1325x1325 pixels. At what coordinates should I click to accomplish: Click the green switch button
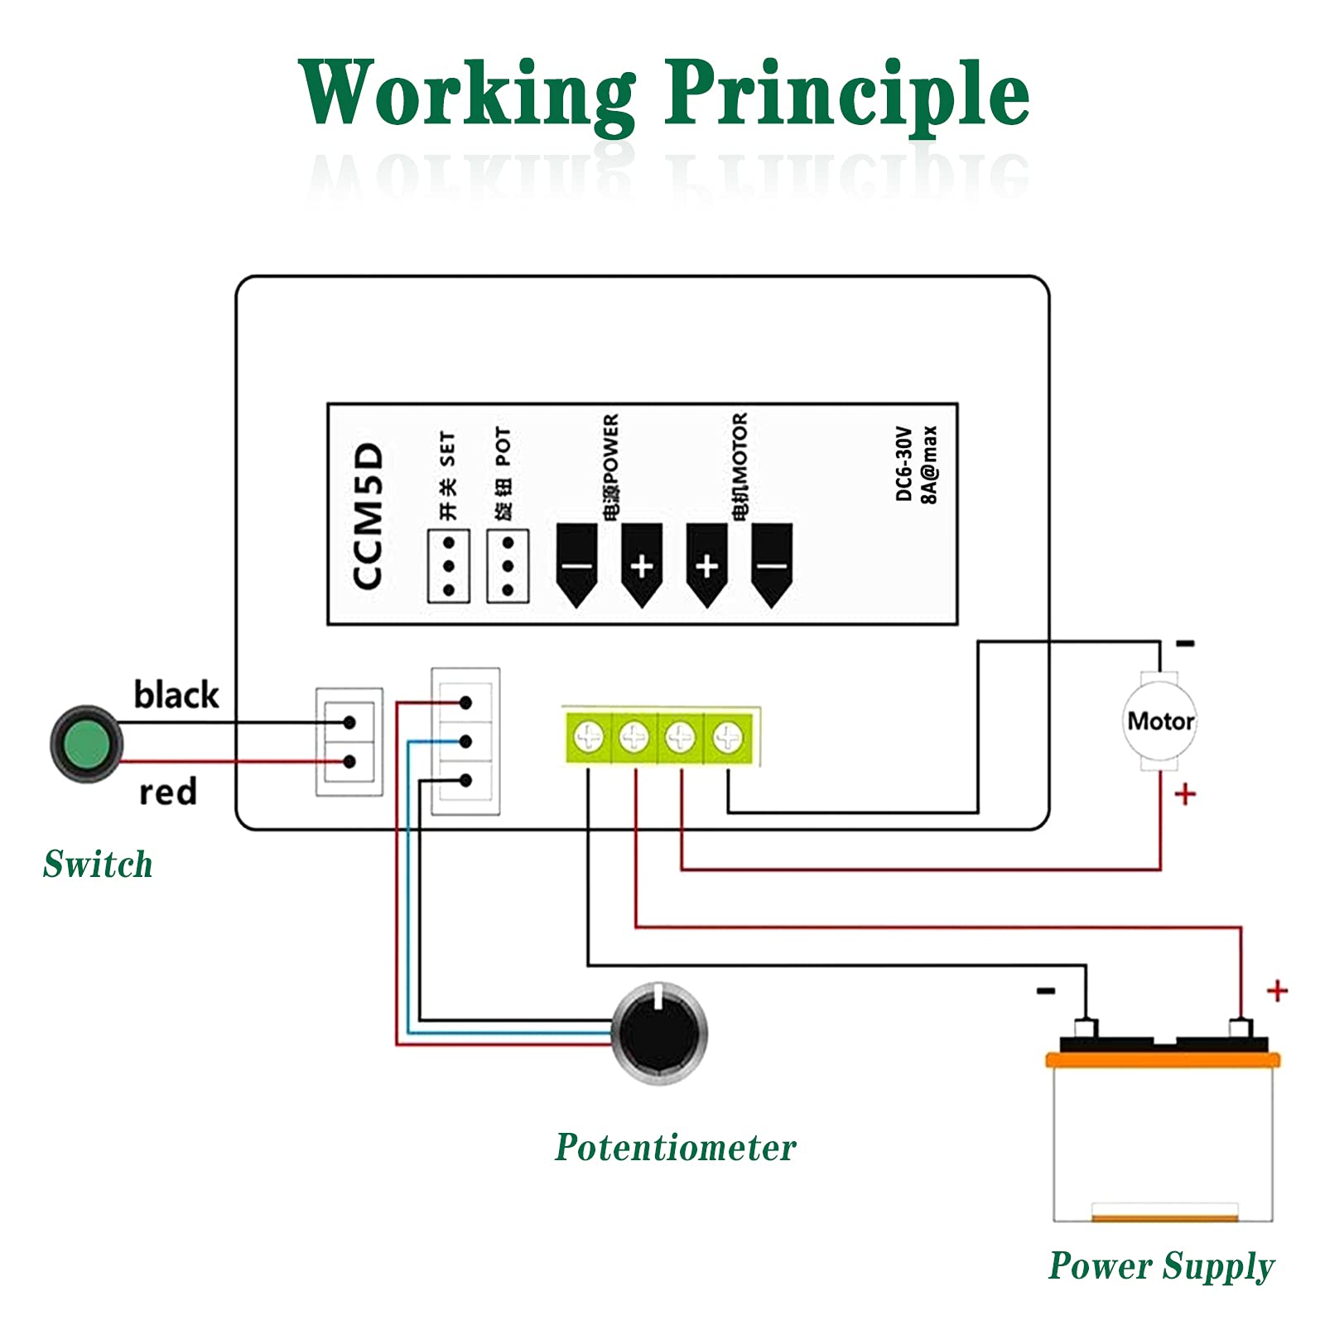pyautogui.click(x=86, y=744)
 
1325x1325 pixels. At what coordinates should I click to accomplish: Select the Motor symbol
pyautogui.click(x=1160, y=721)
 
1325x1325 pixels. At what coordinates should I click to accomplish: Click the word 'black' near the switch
pyautogui.click(x=176, y=695)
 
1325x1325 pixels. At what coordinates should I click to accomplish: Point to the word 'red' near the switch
pyautogui.click(x=168, y=793)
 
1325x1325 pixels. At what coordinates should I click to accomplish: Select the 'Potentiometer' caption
pyautogui.click(x=675, y=1148)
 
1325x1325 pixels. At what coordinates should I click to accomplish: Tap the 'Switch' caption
pyautogui.click(x=98, y=865)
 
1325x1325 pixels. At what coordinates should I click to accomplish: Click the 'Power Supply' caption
pyautogui.click(x=1161, y=1266)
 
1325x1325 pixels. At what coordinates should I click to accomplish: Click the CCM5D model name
pyautogui.click(x=369, y=516)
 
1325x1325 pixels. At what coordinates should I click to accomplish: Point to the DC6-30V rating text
pyautogui.click(x=903, y=464)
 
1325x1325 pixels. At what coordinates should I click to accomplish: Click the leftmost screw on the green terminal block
pyautogui.click(x=589, y=736)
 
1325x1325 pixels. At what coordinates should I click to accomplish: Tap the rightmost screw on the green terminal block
pyautogui.click(x=728, y=736)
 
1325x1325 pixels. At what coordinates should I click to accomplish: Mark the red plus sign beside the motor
pyautogui.click(x=1185, y=794)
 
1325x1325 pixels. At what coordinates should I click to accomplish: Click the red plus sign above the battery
pyautogui.click(x=1277, y=990)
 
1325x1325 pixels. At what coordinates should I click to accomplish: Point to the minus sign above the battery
pyautogui.click(x=1046, y=990)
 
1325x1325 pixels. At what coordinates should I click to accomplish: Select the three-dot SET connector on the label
pyautogui.click(x=449, y=566)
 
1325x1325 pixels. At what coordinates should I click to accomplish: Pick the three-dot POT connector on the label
pyautogui.click(x=508, y=566)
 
